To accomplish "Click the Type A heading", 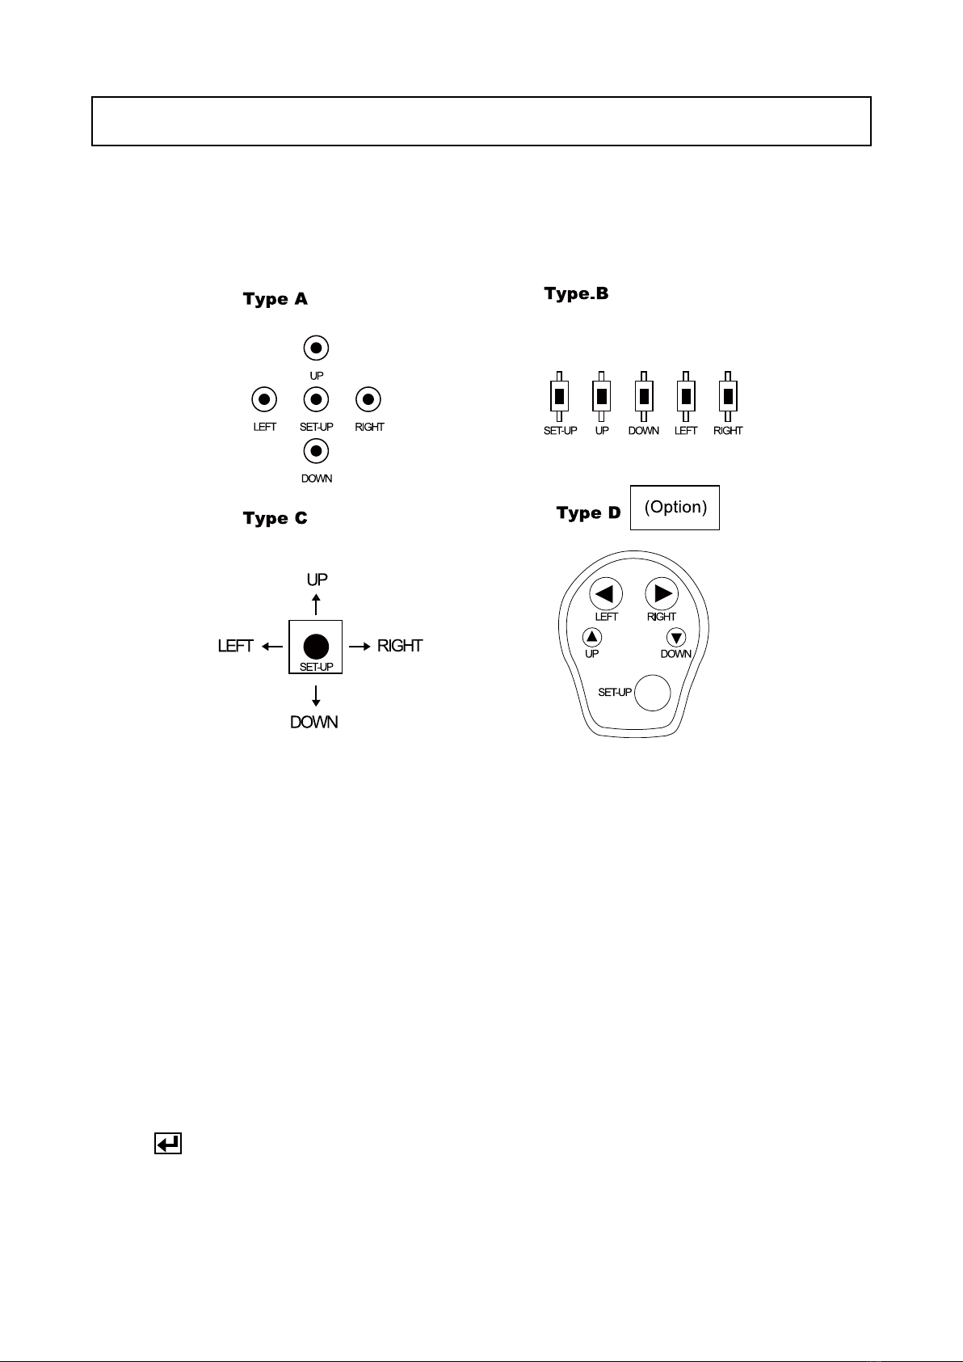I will [x=275, y=299].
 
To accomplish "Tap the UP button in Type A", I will [x=317, y=348].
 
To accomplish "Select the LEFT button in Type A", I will [x=264, y=399].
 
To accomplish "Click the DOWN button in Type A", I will [x=317, y=451].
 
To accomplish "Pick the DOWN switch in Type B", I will [x=644, y=397].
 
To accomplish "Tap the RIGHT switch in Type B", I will [x=728, y=397].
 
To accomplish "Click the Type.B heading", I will [x=576, y=293].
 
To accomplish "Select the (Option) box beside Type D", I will [x=675, y=508].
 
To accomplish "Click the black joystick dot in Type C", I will [x=316, y=646].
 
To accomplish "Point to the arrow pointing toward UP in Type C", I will [x=316, y=605].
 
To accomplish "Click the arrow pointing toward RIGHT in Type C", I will [x=360, y=646].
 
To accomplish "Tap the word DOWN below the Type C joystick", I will [x=314, y=722].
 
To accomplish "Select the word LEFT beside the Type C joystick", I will [x=236, y=646].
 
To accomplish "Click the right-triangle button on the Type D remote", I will [x=662, y=594].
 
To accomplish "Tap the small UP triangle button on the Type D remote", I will [x=593, y=637].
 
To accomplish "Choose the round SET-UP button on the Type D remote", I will [x=653, y=693].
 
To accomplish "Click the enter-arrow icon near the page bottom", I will [x=168, y=1144].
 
